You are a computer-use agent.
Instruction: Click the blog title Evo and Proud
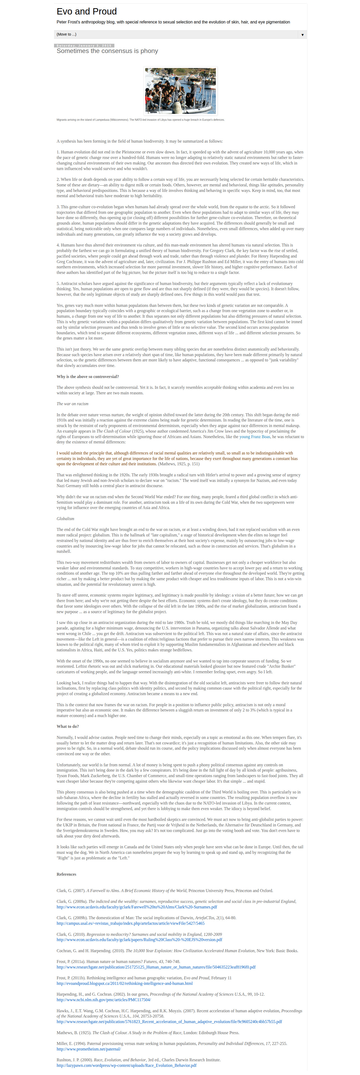86,12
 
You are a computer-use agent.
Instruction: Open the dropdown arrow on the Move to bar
303,35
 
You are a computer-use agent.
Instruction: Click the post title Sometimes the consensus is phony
107,51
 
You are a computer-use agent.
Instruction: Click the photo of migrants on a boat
180,91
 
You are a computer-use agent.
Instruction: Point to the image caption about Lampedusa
140,120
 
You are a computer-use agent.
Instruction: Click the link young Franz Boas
255,437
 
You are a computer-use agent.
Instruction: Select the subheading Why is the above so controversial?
87,376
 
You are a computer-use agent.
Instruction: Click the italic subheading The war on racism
72,404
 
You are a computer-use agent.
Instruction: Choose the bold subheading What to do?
67,726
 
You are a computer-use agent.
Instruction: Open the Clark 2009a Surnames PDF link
137,907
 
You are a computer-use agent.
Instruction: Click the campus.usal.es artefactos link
130,923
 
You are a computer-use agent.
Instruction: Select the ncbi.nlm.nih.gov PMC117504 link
104,999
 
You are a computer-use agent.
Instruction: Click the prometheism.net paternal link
89,1049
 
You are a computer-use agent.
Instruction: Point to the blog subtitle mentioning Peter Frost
173,22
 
